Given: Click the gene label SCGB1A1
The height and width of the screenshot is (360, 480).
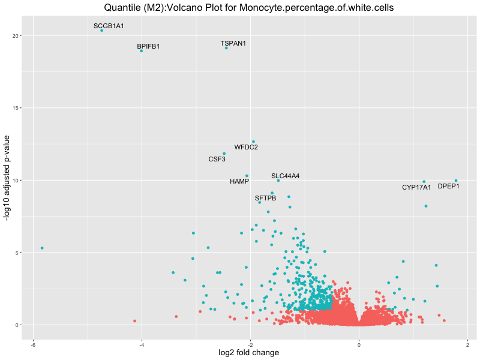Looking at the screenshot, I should pos(109,26).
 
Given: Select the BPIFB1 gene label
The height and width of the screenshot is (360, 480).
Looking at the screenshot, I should pos(148,46).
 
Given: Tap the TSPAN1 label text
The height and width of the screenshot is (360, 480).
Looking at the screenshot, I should pos(233,44).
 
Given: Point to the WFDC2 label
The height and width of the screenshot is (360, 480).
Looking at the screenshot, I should pos(246,147).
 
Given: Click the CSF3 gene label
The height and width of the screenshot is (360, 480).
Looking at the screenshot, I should pos(217,160).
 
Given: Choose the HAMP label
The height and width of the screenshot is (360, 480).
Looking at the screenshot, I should pos(239,181).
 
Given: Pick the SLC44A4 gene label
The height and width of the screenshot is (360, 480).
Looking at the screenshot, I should pos(285,176).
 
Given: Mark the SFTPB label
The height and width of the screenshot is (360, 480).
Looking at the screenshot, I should pos(265,198).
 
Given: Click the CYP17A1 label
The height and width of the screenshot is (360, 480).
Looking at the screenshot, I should pos(416,188).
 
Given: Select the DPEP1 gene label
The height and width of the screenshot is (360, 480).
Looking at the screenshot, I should pos(448,187).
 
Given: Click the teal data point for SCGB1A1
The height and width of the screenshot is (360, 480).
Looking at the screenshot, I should pos(101,30).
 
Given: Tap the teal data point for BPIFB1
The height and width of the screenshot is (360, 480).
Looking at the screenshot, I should pos(142,51).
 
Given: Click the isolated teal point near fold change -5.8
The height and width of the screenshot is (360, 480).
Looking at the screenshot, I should pos(42,248).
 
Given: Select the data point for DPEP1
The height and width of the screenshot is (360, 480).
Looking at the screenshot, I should pos(456,181).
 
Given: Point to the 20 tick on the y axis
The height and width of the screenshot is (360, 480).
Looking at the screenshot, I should pos(19,36).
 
